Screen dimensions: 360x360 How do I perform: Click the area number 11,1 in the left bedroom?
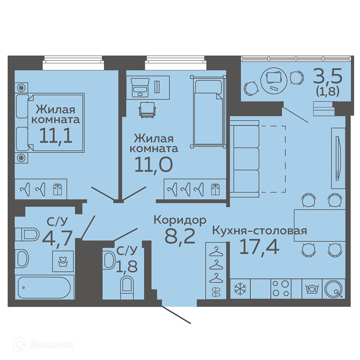pos(56,136)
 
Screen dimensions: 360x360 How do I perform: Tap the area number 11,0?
pos(153,165)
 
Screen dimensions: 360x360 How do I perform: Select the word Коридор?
pos(180,220)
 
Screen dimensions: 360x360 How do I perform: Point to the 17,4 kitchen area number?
pos(259,247)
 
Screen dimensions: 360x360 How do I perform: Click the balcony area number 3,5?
pos(328,77)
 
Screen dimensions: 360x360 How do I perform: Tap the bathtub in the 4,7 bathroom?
pos(44,288)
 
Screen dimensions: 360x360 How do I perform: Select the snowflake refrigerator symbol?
pos(240,289)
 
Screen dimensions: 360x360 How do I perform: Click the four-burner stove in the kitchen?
pos(281,289)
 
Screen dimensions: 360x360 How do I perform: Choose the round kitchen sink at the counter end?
pos(334,289)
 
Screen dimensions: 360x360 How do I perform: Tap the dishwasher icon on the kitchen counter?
pos(312,289)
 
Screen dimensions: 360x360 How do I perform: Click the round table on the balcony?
pos(274,81)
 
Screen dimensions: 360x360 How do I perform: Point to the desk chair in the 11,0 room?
pos(147,110)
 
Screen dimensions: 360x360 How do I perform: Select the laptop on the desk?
pos(140,87)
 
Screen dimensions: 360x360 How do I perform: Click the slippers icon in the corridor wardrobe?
pos(216,292)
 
